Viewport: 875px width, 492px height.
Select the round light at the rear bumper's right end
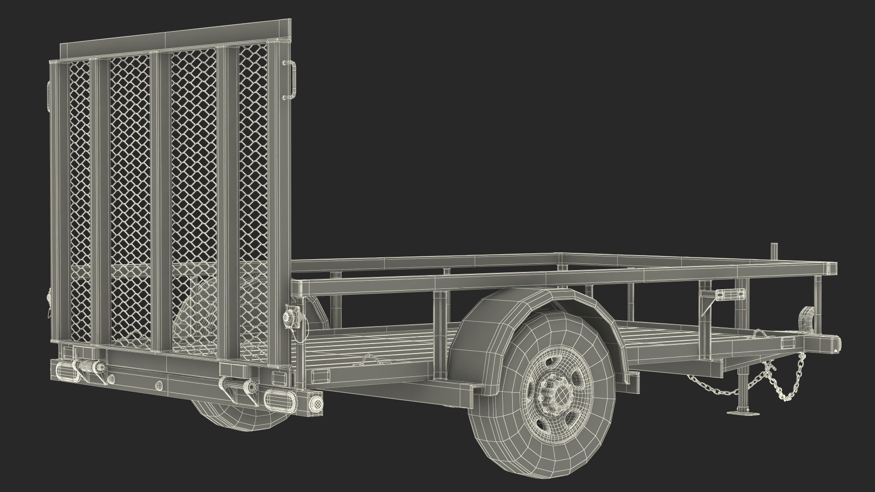(x=314, y=402)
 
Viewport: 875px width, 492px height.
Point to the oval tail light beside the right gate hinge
(x=276, y=398)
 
